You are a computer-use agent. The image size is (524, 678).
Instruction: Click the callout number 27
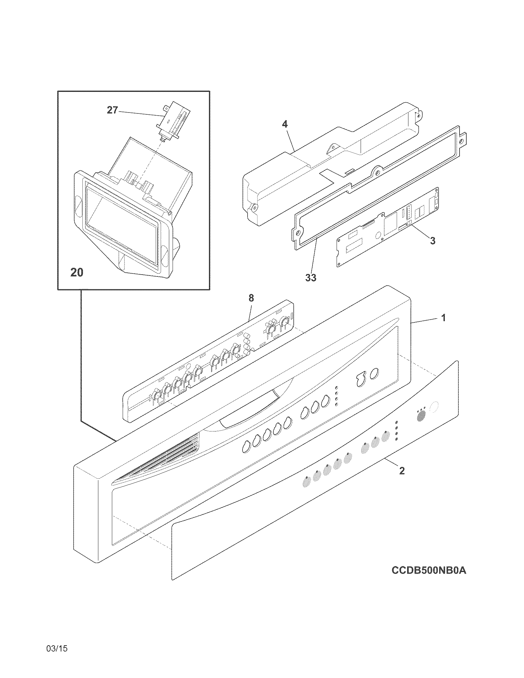point(112,110)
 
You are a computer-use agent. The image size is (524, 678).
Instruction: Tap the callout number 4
point(285,124)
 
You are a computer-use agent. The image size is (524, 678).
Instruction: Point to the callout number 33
point(310,278)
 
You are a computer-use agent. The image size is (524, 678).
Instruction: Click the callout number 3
point(432,241)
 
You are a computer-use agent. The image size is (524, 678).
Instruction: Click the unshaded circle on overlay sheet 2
point(435,407)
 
